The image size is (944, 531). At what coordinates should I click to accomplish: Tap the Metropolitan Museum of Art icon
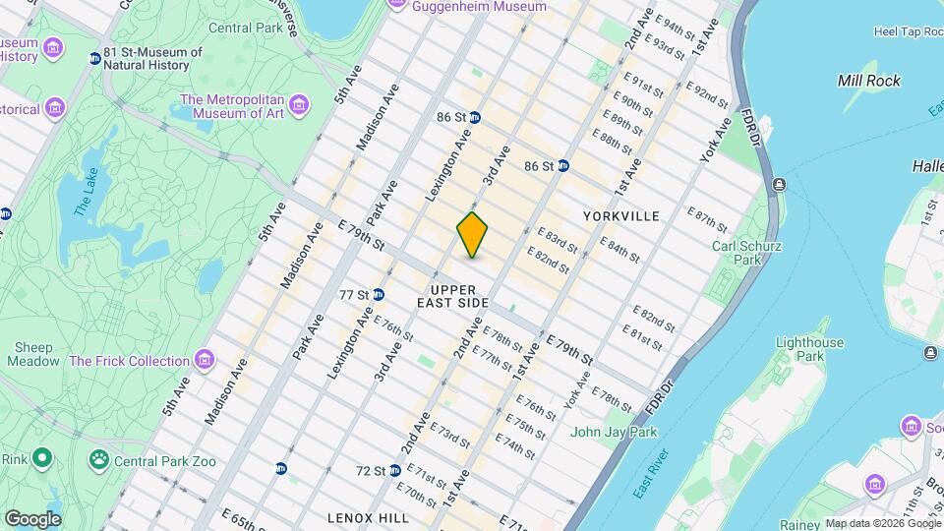pos(298,101)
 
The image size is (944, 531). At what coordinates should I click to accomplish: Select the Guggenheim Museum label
pos(479,7)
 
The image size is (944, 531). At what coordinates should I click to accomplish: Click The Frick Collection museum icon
pos(205,360)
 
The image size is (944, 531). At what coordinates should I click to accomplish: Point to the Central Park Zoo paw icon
pos(98,458)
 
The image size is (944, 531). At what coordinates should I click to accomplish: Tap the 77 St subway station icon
pos(378,294)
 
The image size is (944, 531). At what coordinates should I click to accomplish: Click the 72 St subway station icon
pos(394,471)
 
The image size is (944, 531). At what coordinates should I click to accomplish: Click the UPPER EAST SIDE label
pos(452,296)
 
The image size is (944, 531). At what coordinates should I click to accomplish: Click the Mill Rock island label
pos(868,81)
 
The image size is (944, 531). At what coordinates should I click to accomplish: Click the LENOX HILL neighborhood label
pos(368,517)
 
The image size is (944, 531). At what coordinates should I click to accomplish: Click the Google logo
pos(32,518)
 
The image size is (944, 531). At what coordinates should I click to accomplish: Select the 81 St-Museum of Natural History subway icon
pos(95,58)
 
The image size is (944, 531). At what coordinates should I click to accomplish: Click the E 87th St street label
pos(705,217)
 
